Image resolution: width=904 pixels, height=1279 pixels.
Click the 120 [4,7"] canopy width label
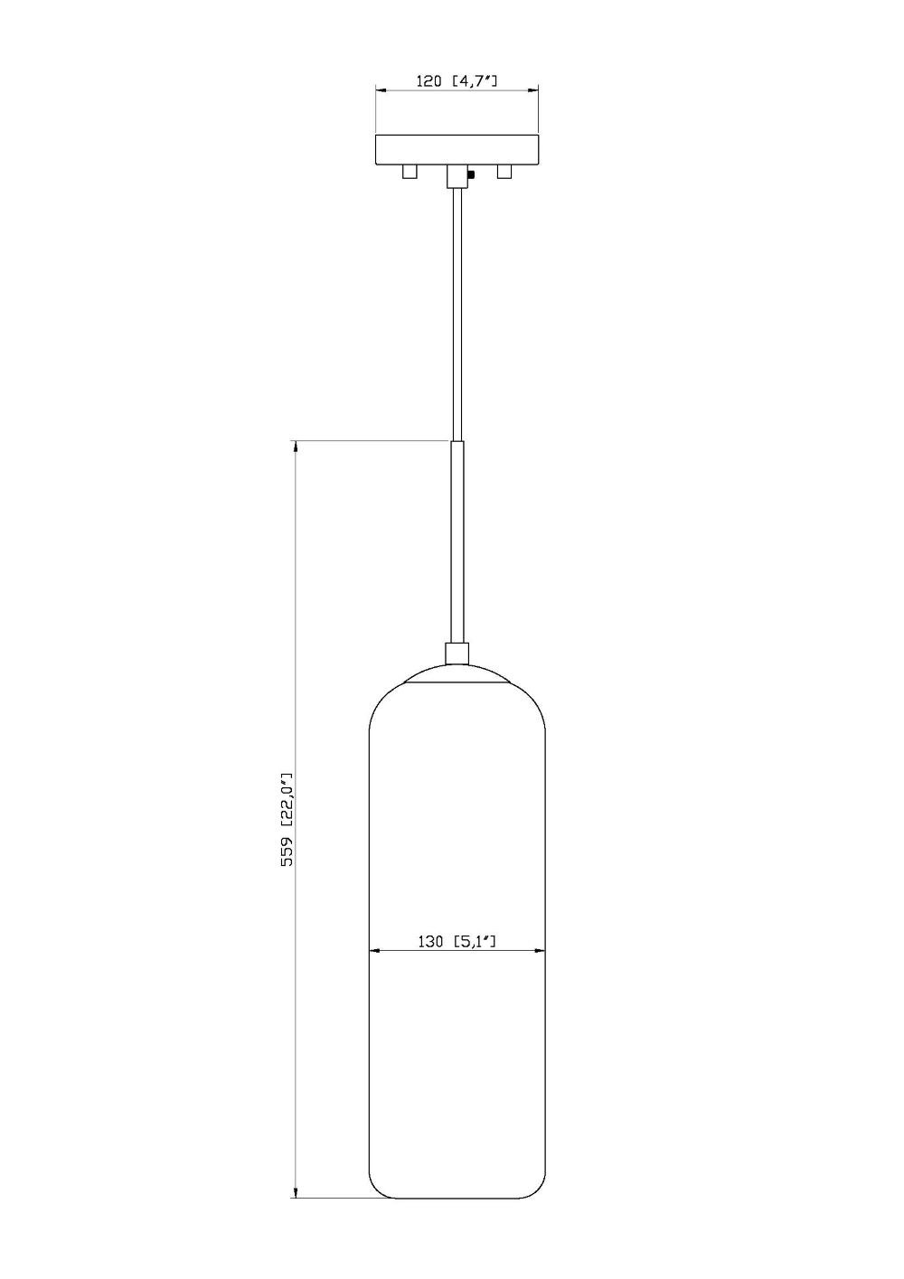(x=457, y=81)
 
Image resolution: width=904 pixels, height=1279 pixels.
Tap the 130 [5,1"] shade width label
(x=458, y=941)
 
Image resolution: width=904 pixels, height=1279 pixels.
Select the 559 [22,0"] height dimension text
(x=287, y=820)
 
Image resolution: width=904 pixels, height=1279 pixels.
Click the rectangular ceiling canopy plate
(x=457, y=149)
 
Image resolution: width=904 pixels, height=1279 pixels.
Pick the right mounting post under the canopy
(x=504, y=171)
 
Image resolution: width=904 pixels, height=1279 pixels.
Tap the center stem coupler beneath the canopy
(x=457, y=175)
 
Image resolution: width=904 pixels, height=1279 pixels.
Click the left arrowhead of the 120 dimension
(x=381, y=90)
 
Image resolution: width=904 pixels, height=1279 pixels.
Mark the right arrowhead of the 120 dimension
(x=533, y=90)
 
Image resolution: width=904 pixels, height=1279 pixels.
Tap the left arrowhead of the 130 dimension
(x=375, y=951)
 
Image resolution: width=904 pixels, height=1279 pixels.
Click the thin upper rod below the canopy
(x=457, y=316)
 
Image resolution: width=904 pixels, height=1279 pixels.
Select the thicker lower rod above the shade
(x=457, y=542)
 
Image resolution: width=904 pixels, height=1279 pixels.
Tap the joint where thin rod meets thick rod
(x=457, y=441)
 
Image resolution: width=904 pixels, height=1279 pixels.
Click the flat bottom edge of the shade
(x=457, y=1199)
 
